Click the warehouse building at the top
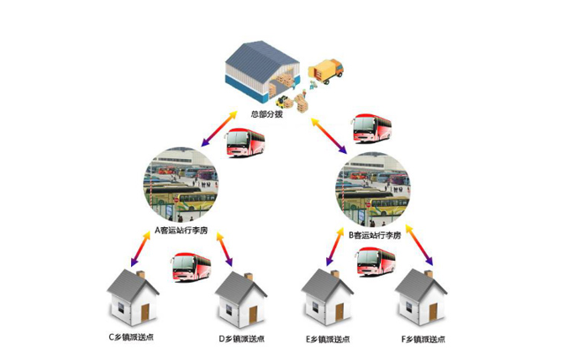[263, 74]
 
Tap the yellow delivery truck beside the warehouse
[327, 70]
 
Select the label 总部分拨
[267, 114]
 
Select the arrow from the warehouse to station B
[329, 135]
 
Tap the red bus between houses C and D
[190, 267]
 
